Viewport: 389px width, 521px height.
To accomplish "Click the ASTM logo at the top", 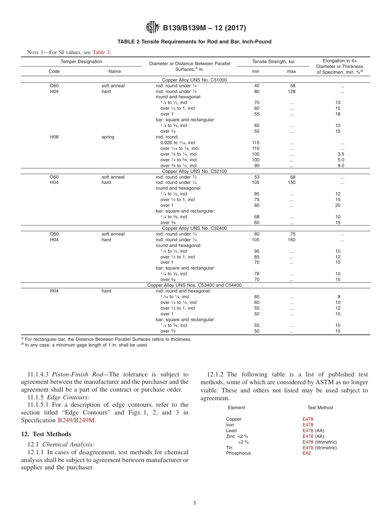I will (152, 28).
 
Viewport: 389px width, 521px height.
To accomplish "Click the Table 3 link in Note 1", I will (102, 52).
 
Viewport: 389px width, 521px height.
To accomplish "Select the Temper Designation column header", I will (81, 61).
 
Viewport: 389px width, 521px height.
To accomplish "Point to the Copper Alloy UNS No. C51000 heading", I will (194, 80).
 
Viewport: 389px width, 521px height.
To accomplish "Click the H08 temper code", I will (54, 137).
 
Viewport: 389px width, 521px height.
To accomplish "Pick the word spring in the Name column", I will (108, 137).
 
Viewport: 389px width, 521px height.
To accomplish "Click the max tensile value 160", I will (291, 240).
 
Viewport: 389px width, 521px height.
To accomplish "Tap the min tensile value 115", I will (256, 143).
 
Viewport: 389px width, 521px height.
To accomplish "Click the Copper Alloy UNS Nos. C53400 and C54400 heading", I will (194, 285).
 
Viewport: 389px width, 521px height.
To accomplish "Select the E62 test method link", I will (307, 453).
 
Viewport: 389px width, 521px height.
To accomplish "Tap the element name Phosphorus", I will (238, 453).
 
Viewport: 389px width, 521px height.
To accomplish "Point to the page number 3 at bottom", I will (194, 503).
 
